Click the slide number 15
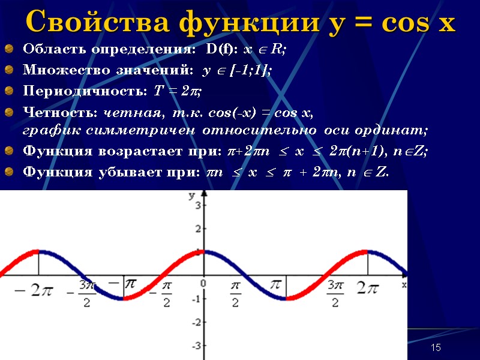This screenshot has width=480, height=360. [436, 348]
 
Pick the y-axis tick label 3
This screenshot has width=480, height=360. [197, 206]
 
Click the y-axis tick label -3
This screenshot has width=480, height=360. [196, 346]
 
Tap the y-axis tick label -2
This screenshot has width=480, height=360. [196, 323]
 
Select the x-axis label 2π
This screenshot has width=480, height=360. [367, 289]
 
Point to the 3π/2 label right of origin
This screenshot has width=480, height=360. [335, 294]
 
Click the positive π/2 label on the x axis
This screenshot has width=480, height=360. [236, 294]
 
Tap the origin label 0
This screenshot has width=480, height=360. [203, 282]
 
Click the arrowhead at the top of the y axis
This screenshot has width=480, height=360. [204, 194]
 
